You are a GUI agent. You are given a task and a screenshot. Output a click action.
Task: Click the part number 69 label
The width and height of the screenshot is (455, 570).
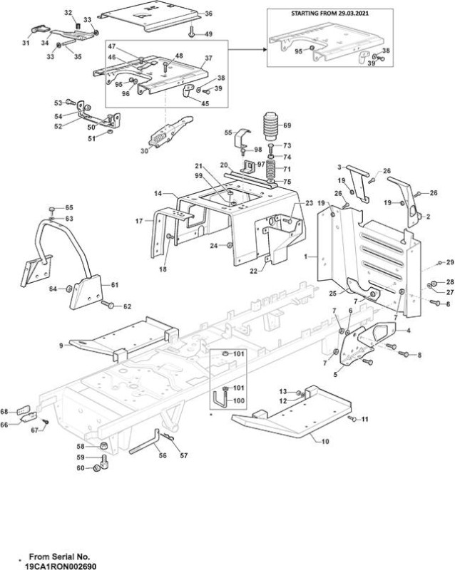click(287, 125)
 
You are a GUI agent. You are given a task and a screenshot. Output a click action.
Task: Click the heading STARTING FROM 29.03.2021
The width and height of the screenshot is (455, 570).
click(329, 14)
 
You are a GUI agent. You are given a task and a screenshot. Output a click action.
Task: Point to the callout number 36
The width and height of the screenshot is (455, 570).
click(208, 14)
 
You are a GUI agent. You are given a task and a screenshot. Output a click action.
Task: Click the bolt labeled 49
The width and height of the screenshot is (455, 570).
click(191, 31)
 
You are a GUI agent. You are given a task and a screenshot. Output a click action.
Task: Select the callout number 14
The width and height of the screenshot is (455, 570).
click(158, 194)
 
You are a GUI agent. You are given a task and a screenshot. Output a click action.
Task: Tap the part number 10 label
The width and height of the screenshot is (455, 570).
click(325, 441)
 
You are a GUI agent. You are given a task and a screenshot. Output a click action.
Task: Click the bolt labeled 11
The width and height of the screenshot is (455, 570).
click(352, 419)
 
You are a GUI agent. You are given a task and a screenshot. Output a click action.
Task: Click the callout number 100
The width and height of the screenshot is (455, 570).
click(239, 400)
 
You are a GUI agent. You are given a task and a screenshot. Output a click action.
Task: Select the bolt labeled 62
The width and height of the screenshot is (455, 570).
click(108, 305)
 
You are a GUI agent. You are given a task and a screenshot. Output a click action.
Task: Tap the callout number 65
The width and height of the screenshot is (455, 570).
click(69, 207)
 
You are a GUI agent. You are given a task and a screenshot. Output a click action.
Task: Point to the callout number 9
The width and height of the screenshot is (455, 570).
click(61, 346)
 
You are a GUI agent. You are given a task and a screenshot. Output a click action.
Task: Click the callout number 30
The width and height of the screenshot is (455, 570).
click(145, 150)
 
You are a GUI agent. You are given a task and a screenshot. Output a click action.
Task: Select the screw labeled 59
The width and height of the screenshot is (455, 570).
click(105, 460)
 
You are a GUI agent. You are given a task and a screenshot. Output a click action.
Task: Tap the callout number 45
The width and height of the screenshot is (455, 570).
click(205, 103)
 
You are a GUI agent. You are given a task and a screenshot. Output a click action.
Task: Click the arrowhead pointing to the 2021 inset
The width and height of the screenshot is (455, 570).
click(265, 49)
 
